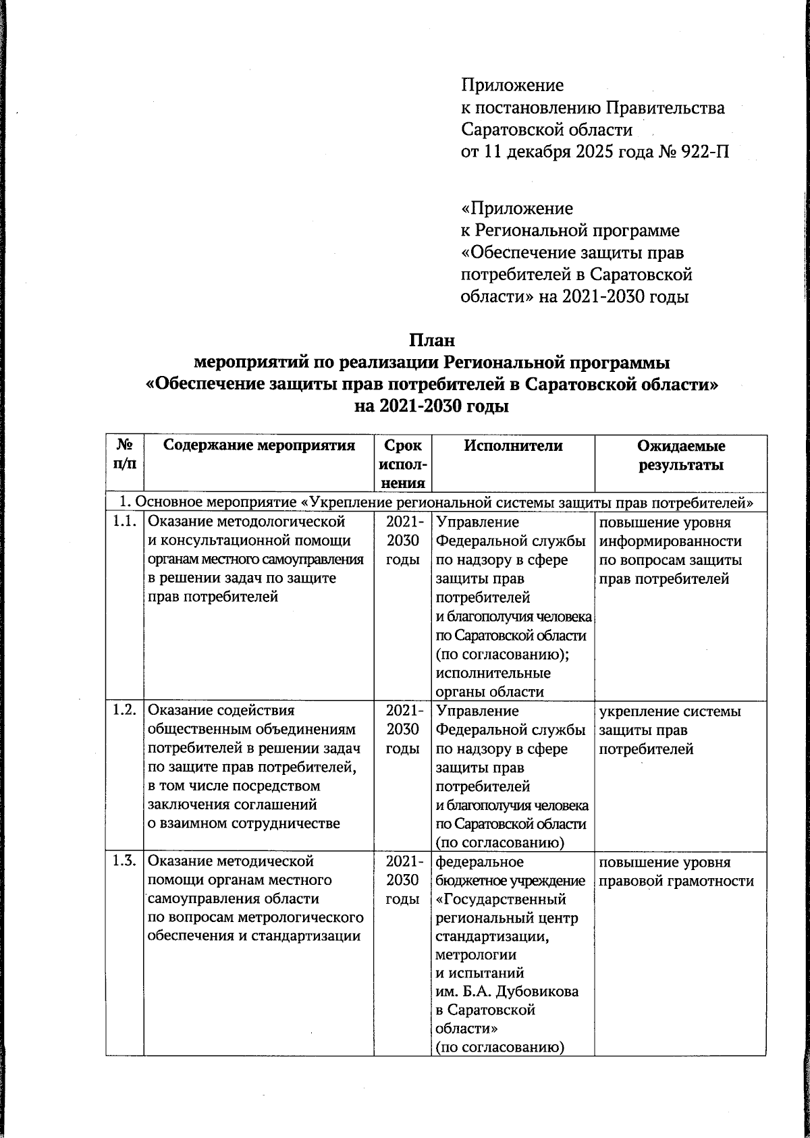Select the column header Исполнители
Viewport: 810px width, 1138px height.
tap(513, 445)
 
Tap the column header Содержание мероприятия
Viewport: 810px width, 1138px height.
tap(260, 445)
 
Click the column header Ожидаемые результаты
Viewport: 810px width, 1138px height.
tap(681, 456)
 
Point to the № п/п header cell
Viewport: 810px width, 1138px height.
tap(125, 456)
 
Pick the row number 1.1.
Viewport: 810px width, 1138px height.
tap(125, 522)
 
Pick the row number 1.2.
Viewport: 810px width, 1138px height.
tap(125, 711)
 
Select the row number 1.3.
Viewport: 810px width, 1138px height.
tap(125, 861)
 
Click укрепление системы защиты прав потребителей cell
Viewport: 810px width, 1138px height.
tap(669, 730)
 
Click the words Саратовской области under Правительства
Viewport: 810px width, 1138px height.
tap(547, 130)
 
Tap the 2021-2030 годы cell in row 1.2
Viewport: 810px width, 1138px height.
tap(403, 730)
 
